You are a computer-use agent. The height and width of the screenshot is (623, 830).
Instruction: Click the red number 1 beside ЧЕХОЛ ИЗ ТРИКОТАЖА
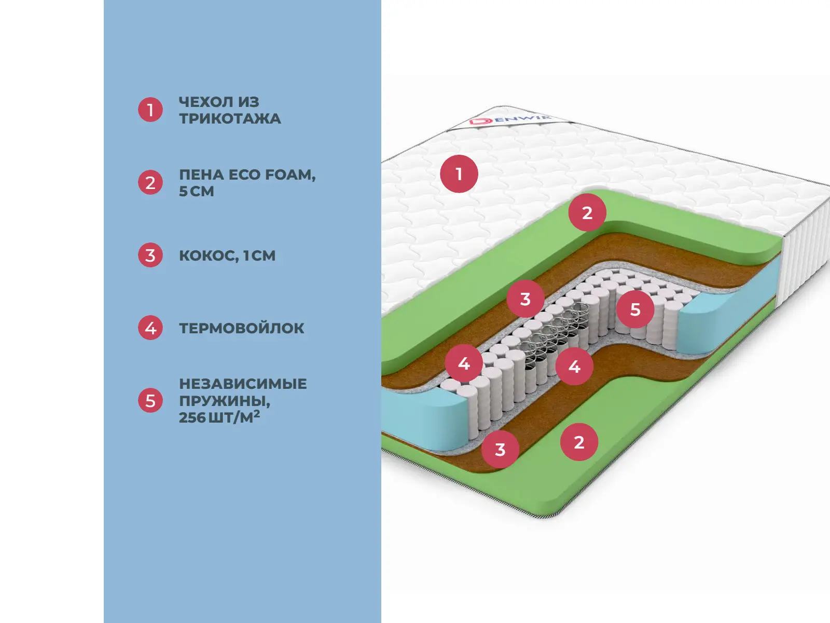150,110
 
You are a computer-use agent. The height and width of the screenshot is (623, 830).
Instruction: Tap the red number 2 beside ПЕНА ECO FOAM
150,183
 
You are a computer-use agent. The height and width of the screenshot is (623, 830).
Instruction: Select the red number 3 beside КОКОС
150,255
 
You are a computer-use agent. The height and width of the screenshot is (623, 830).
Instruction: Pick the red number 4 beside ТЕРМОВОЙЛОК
150,328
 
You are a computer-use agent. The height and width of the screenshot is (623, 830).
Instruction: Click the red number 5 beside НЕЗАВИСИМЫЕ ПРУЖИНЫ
150,401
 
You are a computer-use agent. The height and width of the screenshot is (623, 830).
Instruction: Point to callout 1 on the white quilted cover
459,174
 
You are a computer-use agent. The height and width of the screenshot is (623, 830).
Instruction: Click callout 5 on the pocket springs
635,309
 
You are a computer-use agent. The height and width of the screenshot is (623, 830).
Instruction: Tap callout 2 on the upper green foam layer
587,213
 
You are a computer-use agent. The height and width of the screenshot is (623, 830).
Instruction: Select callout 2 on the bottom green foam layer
579,442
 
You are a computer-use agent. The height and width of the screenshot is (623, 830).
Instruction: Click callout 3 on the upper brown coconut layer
525,299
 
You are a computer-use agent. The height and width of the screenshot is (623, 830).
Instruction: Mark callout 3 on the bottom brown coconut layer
500,450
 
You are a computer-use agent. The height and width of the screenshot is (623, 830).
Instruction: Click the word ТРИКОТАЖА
230,119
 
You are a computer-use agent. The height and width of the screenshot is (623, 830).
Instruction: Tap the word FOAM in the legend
290,175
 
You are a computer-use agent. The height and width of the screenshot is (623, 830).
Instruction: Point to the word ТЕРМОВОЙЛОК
242,328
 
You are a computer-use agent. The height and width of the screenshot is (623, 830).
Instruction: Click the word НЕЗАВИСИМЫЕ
243,384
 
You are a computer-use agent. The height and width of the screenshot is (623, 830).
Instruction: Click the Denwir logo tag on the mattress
508,120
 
